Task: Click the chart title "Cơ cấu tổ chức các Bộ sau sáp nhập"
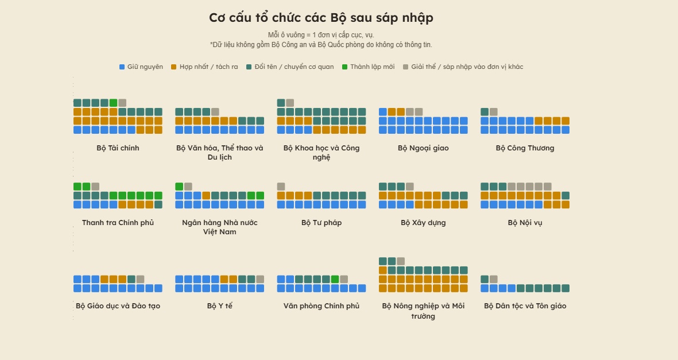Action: [x=321, y=18]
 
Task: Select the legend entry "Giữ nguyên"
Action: [x=141, y=67]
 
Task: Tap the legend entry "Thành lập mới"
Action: [x=368, y=67]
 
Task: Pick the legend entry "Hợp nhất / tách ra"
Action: [x=204, y=67]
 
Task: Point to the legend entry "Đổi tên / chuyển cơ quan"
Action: [x=290, y=67]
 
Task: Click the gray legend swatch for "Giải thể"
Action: [x=405, y=67]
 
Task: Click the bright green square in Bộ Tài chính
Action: [x=113, y=103]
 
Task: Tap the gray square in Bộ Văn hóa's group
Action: [x=215, y=111]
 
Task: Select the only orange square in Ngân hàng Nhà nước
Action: [x=206, y=196]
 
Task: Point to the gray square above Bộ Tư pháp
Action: [x=281, y=187]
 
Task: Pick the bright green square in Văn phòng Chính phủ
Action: [x=335, y=279]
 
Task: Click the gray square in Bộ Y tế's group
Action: [x=260, y=279]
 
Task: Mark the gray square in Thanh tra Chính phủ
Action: [x=95, y=187]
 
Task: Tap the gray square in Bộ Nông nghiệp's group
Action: [x=401, y=261]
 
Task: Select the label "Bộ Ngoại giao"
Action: [x=423, y=148]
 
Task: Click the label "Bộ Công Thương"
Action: [x=525, y=148]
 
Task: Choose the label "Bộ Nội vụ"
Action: [x=525, y=223]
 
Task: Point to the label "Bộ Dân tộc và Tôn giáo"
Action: [x=525, y=306]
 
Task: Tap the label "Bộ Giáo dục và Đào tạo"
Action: [x=118, y=306]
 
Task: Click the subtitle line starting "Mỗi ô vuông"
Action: [x=321, y=35]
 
